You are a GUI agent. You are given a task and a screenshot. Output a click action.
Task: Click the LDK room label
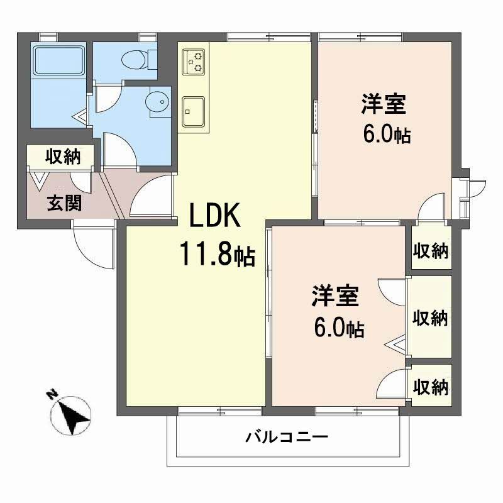[x=216, y=218]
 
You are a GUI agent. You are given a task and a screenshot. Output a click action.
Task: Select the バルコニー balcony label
[x=287, y=436]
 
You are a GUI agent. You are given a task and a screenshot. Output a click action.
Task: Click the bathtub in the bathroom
[x=58, y=60]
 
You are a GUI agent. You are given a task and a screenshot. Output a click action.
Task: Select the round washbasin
[x=157, y=101]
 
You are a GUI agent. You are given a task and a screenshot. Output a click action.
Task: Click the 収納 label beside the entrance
[x=63, y=157]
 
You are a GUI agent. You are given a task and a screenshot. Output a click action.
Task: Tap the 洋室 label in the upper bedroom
[x=383, y=104]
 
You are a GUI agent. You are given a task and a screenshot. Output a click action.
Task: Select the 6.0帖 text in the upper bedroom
[x=386, y=133]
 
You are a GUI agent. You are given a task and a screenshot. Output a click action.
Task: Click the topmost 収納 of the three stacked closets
[x=431, y=250]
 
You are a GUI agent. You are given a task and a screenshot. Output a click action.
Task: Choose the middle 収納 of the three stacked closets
[x=431, y=318]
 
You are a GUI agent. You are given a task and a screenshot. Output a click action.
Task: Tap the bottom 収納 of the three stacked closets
[x=431, y=387]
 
